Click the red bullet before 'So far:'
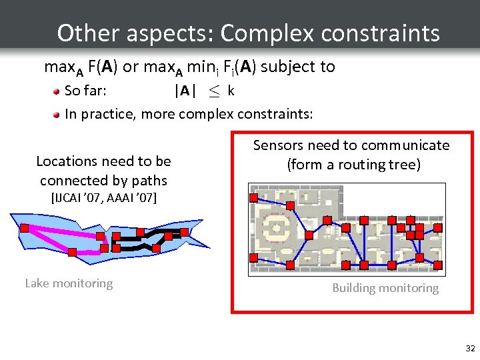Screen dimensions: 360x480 [58, 91]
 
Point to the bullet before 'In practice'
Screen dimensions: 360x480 [58, 115]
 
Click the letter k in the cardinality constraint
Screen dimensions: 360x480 [231, 91]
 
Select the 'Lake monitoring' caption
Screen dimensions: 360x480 [69, 283]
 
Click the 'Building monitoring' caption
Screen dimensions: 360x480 [385, 288]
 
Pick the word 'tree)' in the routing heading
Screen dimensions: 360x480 [405, 164]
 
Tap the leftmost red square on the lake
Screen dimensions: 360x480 [24, 229]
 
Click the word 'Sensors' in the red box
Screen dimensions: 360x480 [277, 145]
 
